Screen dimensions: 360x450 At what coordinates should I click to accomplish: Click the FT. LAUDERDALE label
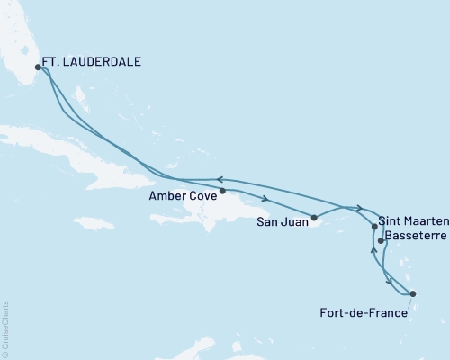tap(95, 65)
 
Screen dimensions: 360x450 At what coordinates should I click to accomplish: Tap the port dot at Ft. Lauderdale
tap(38, 66)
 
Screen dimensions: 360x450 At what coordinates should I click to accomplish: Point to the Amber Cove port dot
tap(222, 191)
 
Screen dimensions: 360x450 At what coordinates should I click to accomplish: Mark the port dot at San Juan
tap(314, 217)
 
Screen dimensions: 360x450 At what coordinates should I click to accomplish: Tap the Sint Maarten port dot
tap(374, 229)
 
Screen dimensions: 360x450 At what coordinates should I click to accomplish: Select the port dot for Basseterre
tap(382, 241)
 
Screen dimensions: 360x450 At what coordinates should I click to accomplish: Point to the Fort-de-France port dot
tap(412, 294)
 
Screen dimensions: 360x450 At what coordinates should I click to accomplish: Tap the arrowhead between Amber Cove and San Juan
tap(267, 199)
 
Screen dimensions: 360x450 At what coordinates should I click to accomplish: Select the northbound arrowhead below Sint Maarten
tap(373, 248)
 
